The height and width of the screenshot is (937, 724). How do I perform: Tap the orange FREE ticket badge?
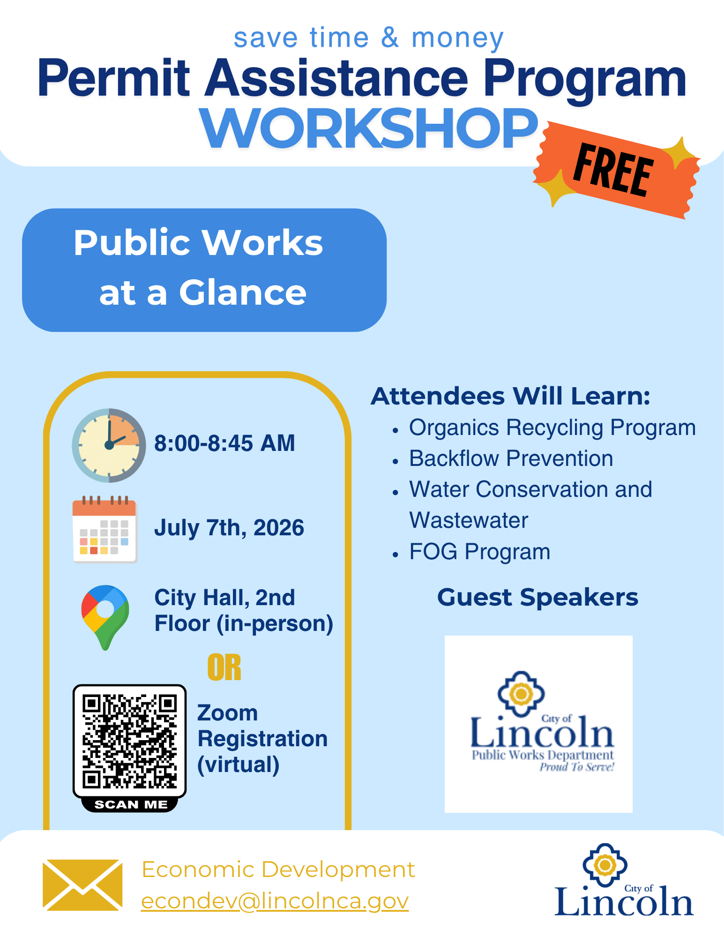click(616, 170)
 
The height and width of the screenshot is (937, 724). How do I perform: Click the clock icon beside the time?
click(109, 445)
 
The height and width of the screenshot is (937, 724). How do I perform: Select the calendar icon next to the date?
click(104, 529)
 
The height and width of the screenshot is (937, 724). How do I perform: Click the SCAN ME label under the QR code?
click(131, 805)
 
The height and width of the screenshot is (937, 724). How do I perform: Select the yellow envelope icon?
click(82, 885)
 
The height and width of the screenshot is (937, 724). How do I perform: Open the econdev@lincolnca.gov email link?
click(275, 901)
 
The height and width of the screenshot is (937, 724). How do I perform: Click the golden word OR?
click(224, 667)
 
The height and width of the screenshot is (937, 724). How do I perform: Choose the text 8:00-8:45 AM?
click(225, 443)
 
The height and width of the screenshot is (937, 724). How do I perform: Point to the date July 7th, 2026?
click(229, 528)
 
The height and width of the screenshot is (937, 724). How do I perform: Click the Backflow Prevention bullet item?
click(511, 458)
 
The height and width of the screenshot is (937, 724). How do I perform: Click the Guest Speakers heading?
click(538, 598)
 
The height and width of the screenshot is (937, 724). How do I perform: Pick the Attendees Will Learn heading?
click(511, 396)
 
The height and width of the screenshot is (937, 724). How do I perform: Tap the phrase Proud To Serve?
click(577, 767)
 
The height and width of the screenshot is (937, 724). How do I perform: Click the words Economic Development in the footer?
click(278, 870)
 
